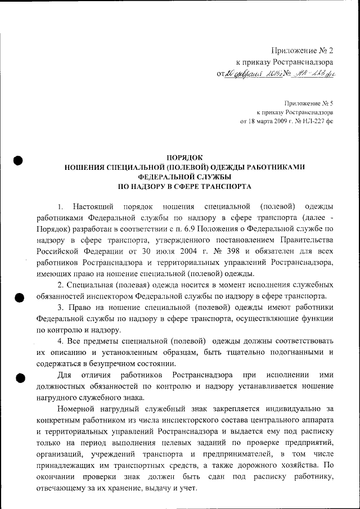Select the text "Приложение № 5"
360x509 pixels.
coord(309,103)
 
